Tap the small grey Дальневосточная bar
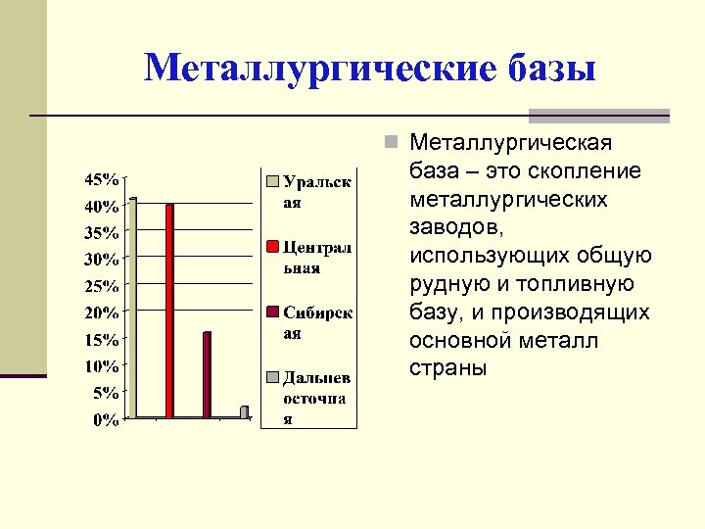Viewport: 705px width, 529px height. pyautogui.click(x=244, y=411)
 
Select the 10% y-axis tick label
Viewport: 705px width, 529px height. pyautogui.click(x=103, y=367)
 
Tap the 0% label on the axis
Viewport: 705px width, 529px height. pyautogui.click(x=107, y=421)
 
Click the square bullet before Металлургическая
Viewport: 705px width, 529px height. pyautogui.click(x=391, y=144)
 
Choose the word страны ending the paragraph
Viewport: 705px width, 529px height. pyautogui.click(x=446, y=369)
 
